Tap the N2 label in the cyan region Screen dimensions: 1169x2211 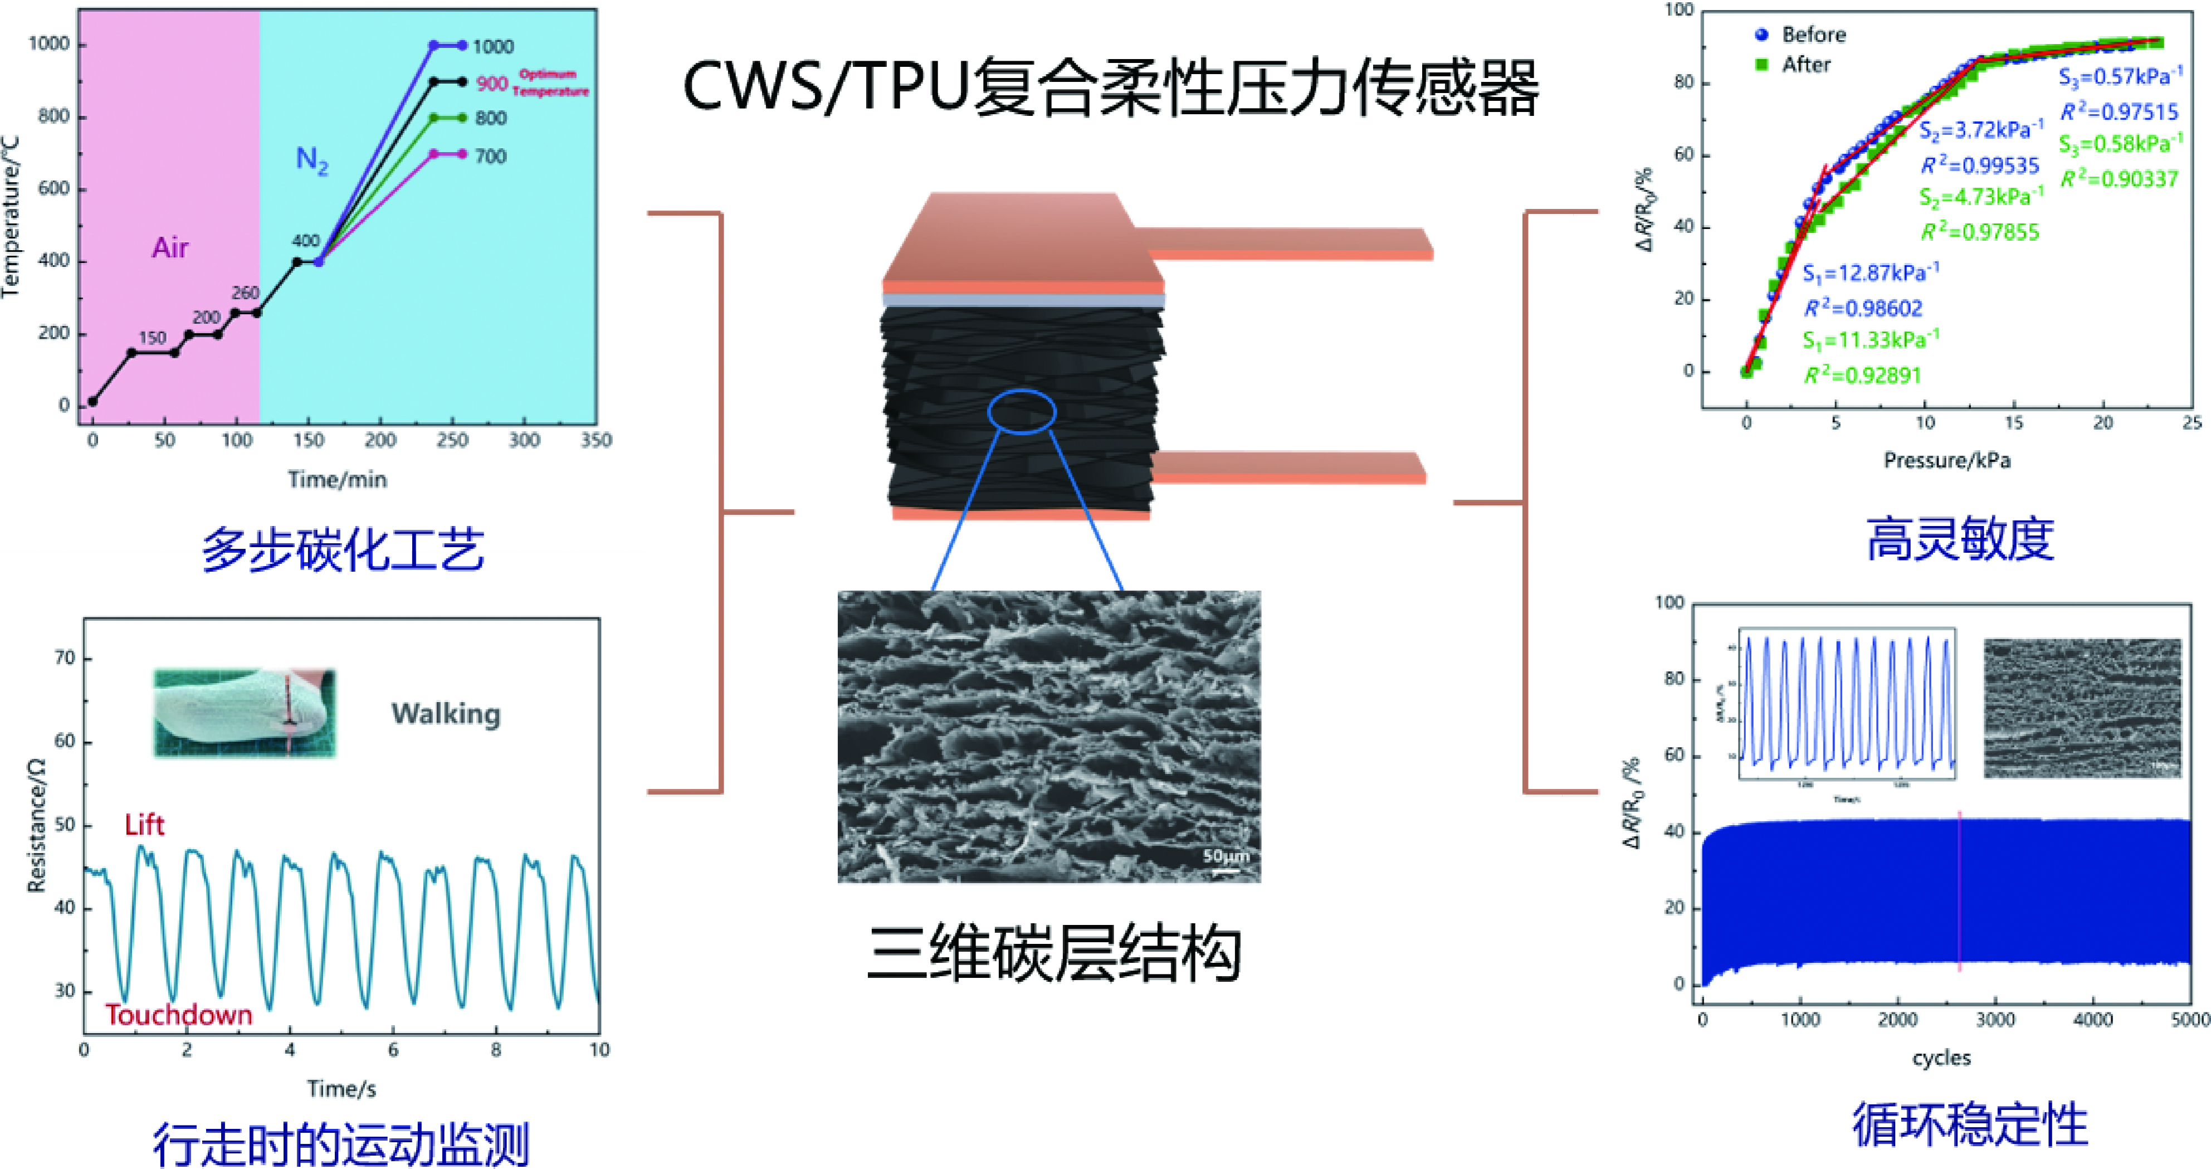pyautogui.click(x=311, y=160)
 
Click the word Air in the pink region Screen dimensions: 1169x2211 pyautogui.click(x=170, y=248)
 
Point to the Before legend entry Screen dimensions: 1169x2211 pyautogui.click(x=1812, y=35)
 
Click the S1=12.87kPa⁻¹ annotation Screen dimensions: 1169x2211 pyautogui.click(x=1870, y=274)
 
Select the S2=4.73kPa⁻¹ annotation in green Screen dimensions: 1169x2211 pyautogui.click(x=1980, y=197)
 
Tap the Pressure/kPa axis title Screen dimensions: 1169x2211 pyautogui.click(x=1946, y=461)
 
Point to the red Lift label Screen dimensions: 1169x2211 pyautogui.click(x=144, y=825)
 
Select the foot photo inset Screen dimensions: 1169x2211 pyautogui.click(x=245, y=713)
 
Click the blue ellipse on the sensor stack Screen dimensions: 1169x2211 pyautogui.click(x=1022, y=411)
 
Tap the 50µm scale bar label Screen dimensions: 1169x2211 pyautogui.click(x=1226, y=856)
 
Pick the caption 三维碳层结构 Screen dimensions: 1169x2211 pyautogui.click(x=1053, y=953)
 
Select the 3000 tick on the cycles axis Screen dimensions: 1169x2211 pyautogui.click(x=1995, y=1020)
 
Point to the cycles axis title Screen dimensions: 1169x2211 pyautogui.click(x=1941, y=1058)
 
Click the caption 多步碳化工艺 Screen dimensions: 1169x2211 pyautogui.click(x=343, y=549)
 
